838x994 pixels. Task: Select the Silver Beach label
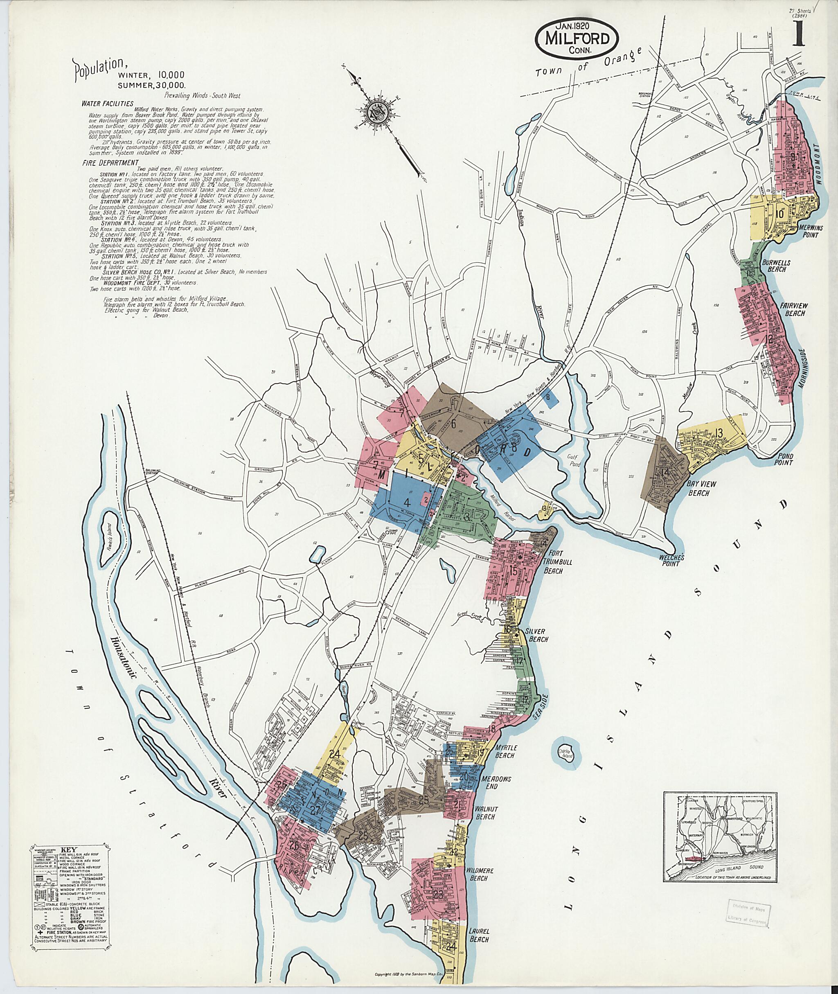pyautogui.click(x=536, y=635)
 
